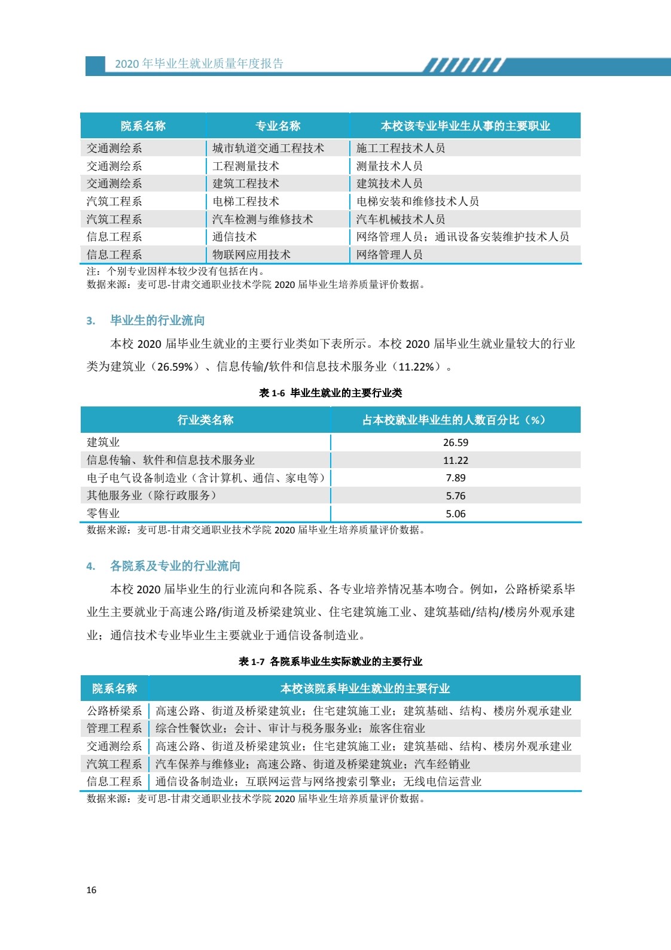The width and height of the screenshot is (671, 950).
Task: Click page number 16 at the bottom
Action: [x=91, y=890]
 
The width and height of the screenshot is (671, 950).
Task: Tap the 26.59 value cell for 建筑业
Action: [x=455, y=442]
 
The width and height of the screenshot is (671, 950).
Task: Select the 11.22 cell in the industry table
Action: [x=455, y=460]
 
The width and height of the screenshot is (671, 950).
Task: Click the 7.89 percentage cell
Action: [x=455, y=478]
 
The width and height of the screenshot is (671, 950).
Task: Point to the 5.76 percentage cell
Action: [x=455, y=496]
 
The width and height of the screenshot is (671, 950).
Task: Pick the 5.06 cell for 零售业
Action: [x=455, y=514]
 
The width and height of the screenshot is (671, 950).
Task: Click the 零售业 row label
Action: [x=103, y=514]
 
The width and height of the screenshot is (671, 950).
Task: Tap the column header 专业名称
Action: [x=277, y=126]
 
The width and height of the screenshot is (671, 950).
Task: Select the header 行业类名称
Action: [x=205, y=420]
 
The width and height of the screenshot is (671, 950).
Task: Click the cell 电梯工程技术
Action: [x=246, y=201]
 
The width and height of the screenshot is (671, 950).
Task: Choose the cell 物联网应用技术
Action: [x=251, y=254]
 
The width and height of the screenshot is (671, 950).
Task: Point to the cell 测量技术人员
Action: [x=389, y=166]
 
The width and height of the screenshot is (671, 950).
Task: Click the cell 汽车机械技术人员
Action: [x=401, y=219]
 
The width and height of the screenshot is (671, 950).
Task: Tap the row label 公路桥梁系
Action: [x=114, y=711]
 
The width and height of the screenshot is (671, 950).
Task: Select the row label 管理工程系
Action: [x=114, y=729]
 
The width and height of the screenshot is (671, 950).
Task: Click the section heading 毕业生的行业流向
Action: [x=157, y=320]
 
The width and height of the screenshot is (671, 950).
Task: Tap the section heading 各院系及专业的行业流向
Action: [x=175, y=566]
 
